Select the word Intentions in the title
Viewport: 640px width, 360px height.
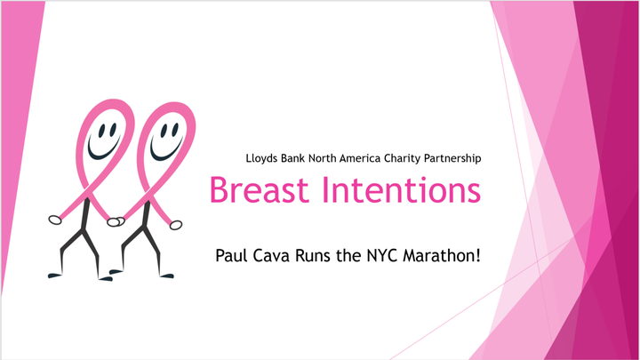pyautogui.click(x=402, y=190)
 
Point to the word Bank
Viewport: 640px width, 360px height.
pyautogui.click(x=292, y=158)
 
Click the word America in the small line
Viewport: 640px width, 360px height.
pyautogui.click(x=360, y=158)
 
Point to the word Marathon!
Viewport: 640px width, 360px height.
pyautogui.click(x=441, y=255)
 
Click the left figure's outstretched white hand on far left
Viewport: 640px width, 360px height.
pyautogui.click(x=55, y=220)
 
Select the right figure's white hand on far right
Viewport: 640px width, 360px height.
pyautogui.click(x=176, y=225)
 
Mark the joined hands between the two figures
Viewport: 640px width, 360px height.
pyautogui.click(x=116, y=221)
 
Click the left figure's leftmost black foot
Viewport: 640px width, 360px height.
pyautogui.click(x=55, y=276)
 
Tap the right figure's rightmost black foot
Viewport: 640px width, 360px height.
pyautogui.click(x=167, y=276)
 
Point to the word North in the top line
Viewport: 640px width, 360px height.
pyautogui.click(x=322, y=158)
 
